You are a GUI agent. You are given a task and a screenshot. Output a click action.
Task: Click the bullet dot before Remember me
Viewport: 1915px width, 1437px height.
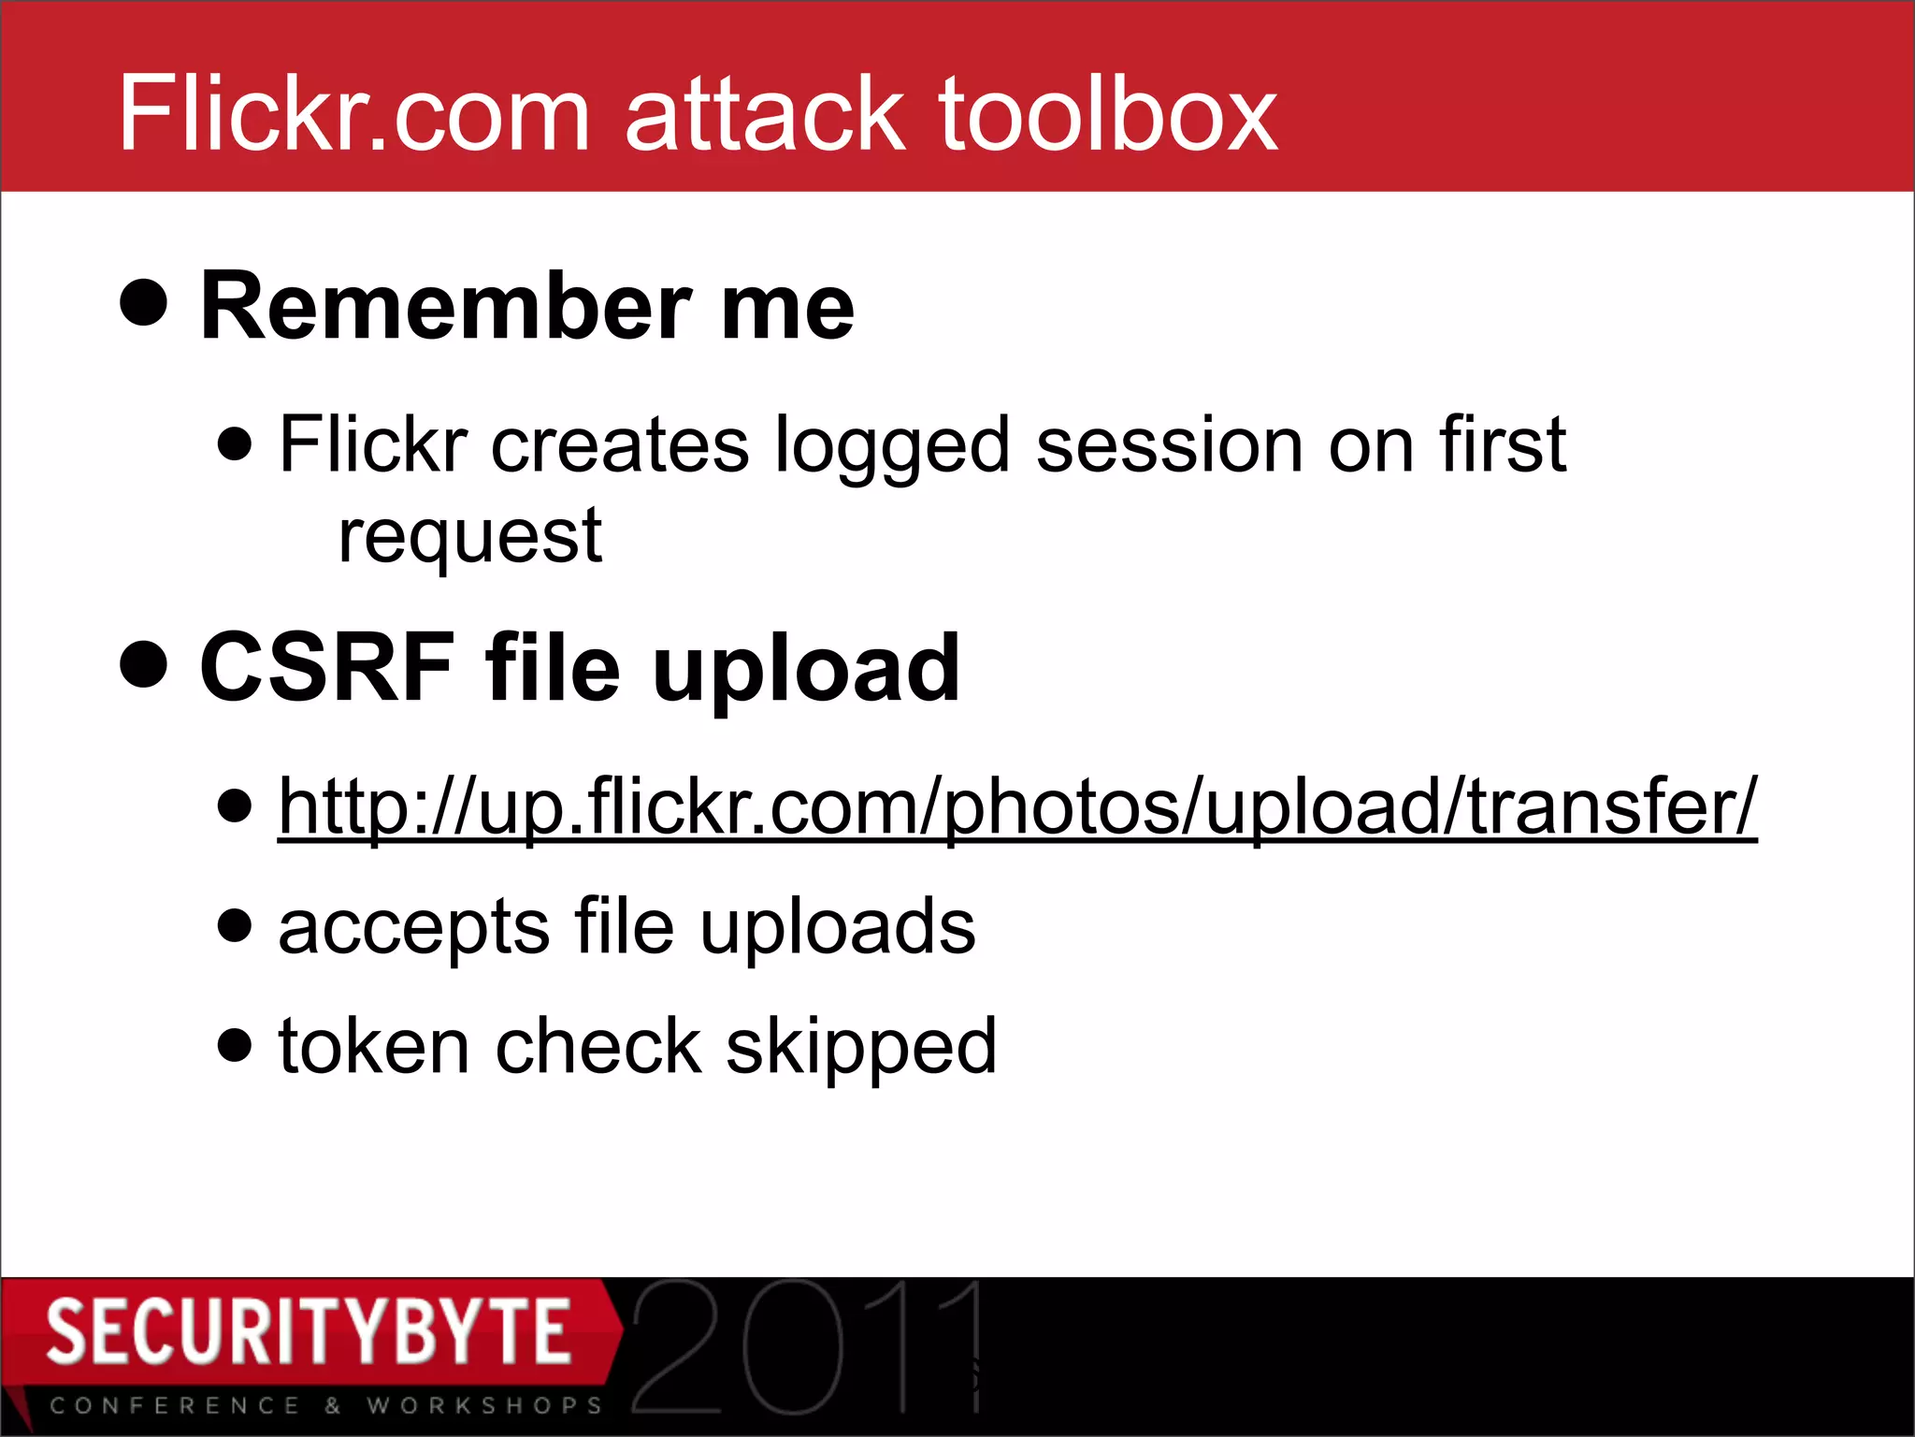tap(144, 302)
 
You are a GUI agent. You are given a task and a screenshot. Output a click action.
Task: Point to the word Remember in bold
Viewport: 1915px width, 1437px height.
tap(445, 307)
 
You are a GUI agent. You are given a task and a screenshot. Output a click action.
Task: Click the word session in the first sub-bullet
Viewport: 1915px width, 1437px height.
tap(1170, 445)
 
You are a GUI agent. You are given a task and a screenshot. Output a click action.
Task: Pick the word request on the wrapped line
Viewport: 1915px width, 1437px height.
tap(470, 539)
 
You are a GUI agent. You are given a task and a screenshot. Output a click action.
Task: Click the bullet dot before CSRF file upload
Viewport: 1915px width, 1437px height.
tap(144, 664)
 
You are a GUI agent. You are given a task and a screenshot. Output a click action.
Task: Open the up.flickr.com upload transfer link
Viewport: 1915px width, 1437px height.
tap(1017, 806)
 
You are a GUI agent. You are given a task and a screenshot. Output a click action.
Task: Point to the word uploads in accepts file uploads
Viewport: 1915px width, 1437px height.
tap(838, 928)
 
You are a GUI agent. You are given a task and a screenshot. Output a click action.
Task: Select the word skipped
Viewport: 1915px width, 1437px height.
tap(861, 1048)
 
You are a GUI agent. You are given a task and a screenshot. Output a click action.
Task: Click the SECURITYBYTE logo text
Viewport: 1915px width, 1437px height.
tap(309, 1331)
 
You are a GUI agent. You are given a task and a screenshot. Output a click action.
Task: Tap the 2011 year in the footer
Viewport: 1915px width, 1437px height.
tap(806, 1347)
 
